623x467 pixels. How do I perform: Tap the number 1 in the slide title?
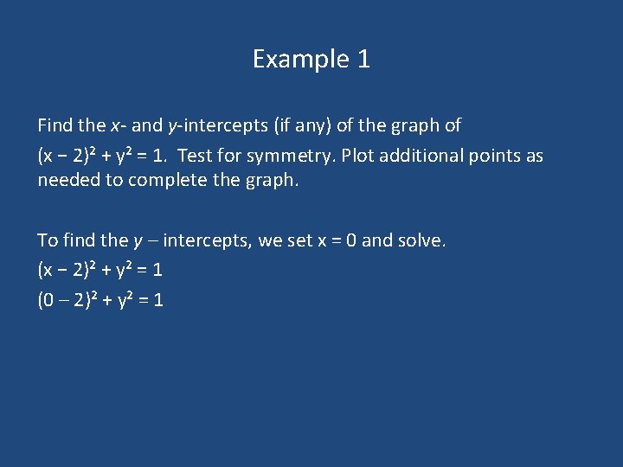363,59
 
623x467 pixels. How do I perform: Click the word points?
495,156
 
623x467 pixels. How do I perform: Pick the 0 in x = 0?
351,240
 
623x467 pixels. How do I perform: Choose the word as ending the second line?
534,156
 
